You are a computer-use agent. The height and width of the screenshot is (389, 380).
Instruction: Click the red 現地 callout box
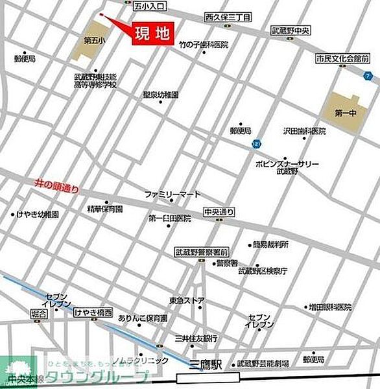(x=152, y=35)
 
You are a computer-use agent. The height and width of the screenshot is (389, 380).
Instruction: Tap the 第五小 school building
(x=93, y=41)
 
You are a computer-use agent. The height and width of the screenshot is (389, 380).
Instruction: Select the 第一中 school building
(x=342, y=112)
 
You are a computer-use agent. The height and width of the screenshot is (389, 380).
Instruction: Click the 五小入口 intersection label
(x=148, y=6)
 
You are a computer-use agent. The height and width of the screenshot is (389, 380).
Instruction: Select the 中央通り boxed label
(x=218, y=211)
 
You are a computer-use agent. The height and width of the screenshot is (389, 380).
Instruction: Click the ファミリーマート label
(x=169, y=194)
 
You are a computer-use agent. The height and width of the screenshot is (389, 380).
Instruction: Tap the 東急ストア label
(x=187, y=300)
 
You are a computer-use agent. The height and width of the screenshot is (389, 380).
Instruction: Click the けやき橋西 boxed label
(x=93, y=312)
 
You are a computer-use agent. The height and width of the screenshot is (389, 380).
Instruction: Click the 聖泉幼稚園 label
(x=161, y=95)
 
